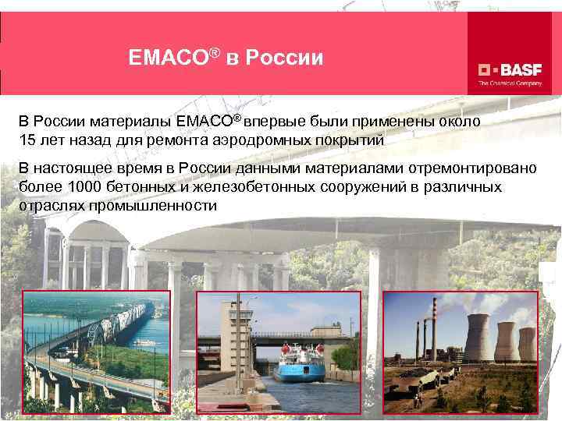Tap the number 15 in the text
pyautogui.click(x=27, y=140)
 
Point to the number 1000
pyautogui.click(x=84, y=188)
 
